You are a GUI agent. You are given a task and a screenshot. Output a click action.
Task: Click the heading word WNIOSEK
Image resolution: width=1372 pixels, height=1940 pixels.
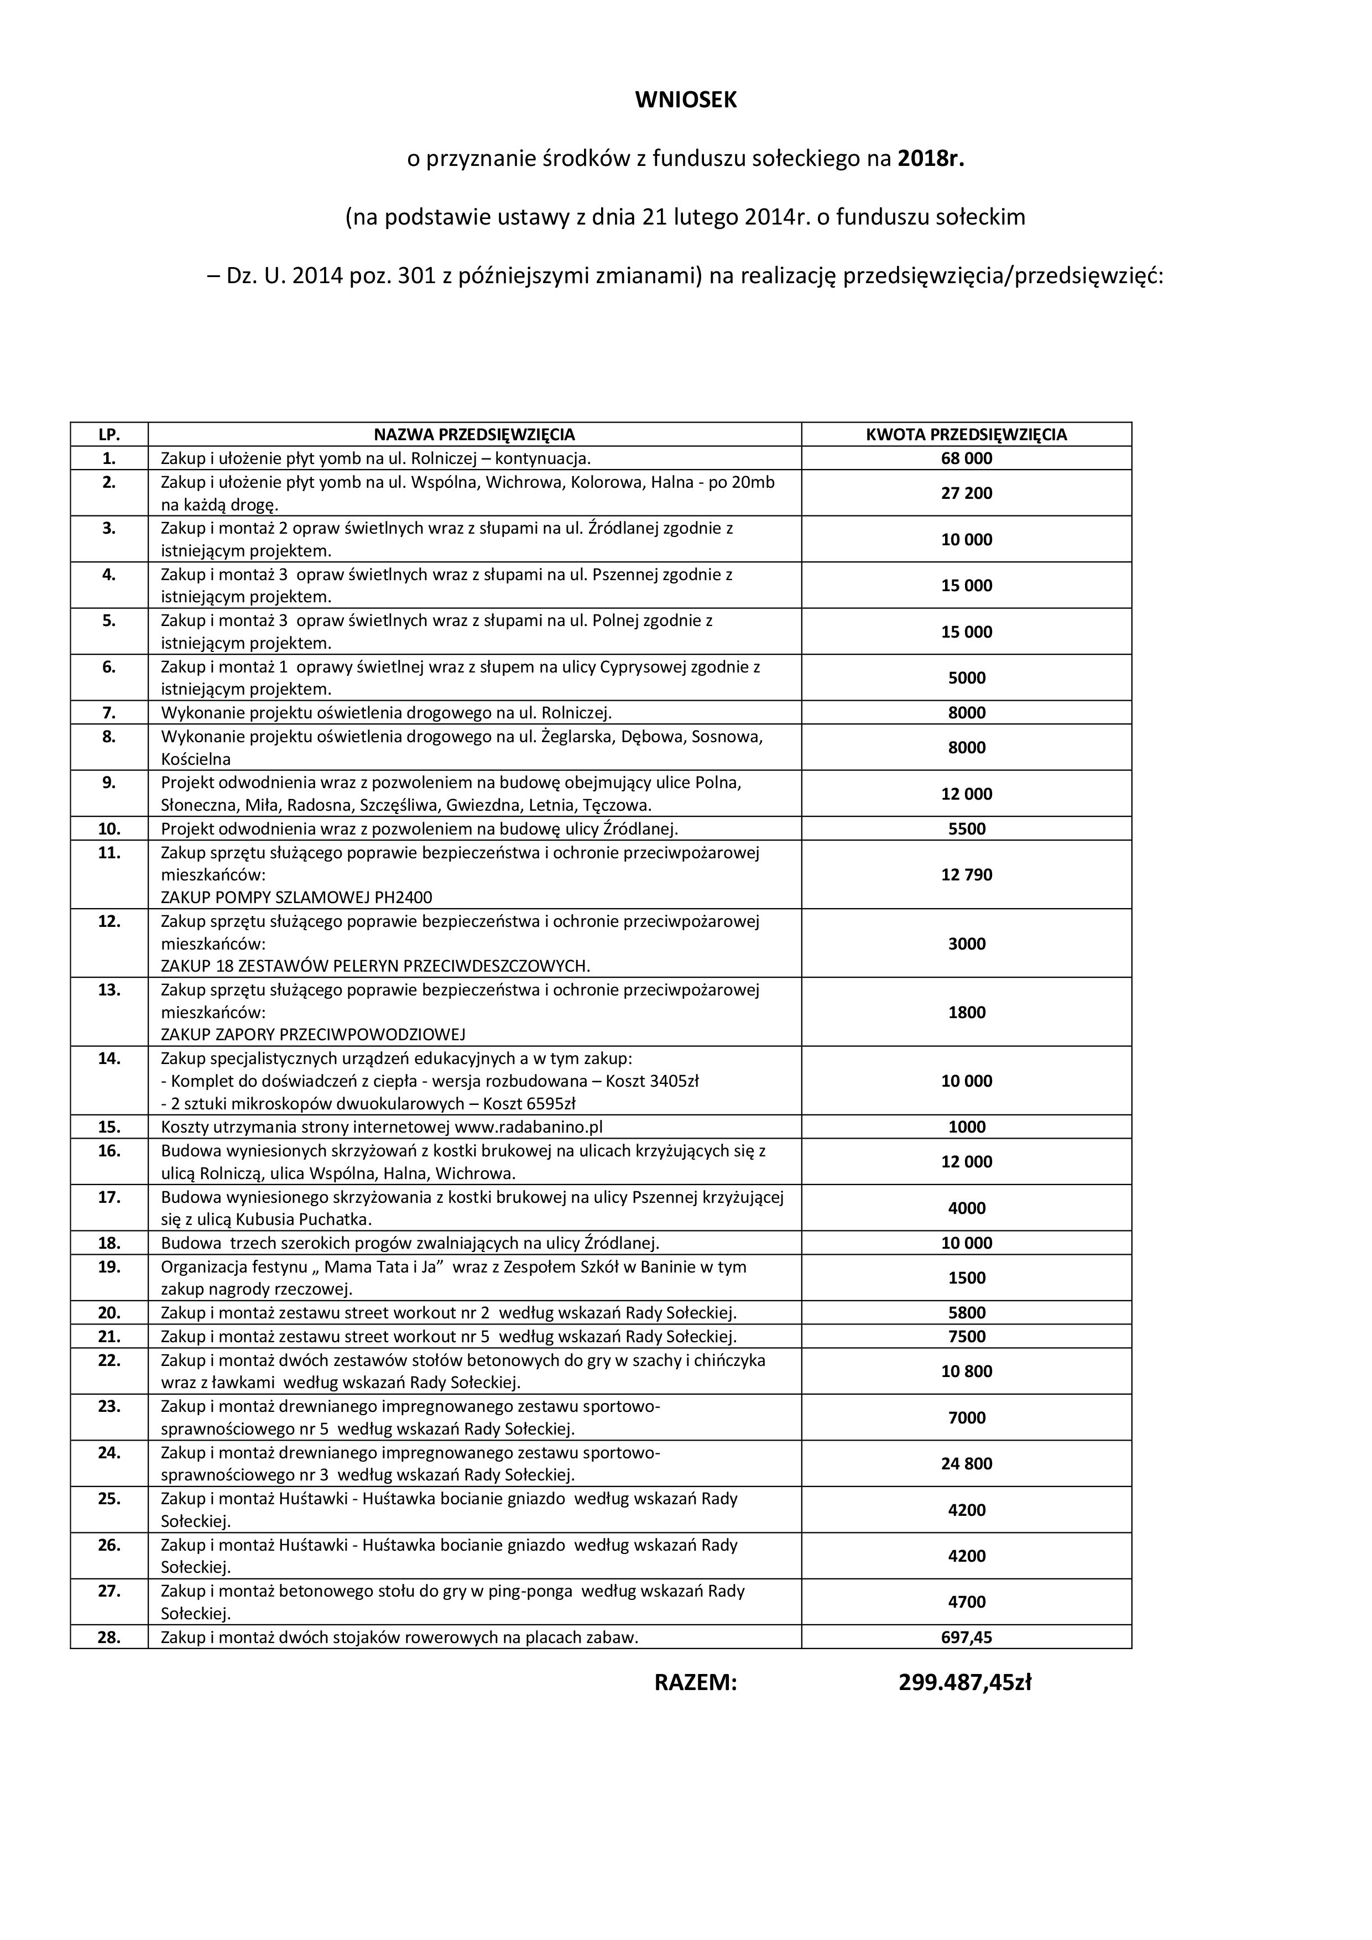click(685, 100)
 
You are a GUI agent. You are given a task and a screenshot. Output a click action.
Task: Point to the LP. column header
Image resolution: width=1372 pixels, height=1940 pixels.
click(109, 434)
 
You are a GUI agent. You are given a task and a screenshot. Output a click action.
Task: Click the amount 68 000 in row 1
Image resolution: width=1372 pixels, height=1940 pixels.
click(967, 458)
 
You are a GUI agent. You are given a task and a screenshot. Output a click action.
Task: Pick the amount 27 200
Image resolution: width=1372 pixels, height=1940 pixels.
click(967, 493)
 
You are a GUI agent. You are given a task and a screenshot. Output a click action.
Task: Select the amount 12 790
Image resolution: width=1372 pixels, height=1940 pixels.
click(967, 874)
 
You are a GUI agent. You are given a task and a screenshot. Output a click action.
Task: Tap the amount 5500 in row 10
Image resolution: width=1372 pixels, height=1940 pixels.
click(967, 828)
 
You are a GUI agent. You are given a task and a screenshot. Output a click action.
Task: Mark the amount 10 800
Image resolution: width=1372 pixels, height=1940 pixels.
click(967, 1371)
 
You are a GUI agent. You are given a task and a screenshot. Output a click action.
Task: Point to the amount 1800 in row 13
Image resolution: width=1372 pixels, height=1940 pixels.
click(967, 1011)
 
